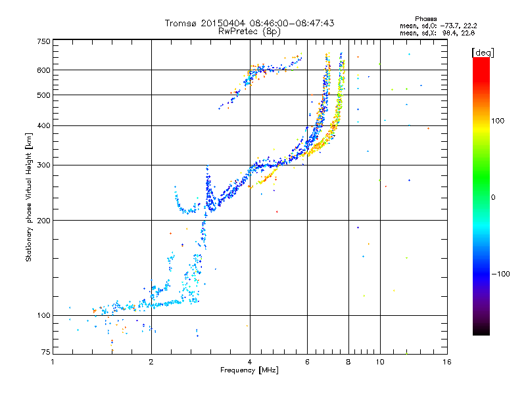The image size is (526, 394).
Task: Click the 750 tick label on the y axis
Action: point(43,41)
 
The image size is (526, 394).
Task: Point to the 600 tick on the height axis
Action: point(43,70)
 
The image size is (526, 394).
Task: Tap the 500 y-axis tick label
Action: point(43,95)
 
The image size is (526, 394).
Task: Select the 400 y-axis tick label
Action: point(43,125)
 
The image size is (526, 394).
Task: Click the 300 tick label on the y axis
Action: point(43,165)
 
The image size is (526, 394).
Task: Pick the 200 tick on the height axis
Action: point(43,220)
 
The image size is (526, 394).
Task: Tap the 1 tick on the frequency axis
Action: point(53,362)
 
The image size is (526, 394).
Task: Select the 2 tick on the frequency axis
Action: point(151,362)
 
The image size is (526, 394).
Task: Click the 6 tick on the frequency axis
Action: point(307,362)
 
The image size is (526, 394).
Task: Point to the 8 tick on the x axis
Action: point(348,362)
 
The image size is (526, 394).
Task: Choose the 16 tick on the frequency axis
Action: point(446,362)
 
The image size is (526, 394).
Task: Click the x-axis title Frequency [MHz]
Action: point(249,371)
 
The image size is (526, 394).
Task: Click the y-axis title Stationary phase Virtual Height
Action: point(29,197)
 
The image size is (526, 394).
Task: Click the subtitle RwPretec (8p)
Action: point(249,31)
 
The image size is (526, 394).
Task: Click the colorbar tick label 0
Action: point(492,197)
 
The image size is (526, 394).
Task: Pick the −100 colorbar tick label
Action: point(500,273)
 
